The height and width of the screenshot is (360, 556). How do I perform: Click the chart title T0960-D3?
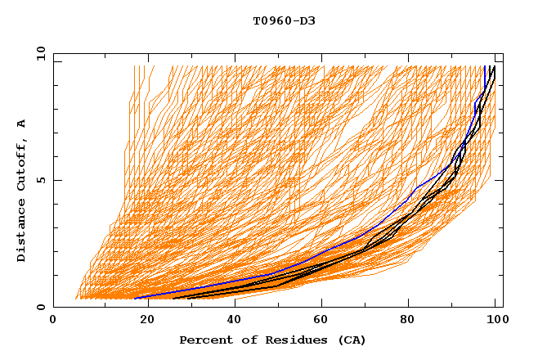(284, 20)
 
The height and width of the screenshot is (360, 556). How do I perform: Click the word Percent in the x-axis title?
(202, 340)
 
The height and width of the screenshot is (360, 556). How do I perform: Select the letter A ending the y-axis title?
(21, 123)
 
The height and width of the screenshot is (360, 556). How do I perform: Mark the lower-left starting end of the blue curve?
(136, 298)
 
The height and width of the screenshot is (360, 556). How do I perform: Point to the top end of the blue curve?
(485, 67)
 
